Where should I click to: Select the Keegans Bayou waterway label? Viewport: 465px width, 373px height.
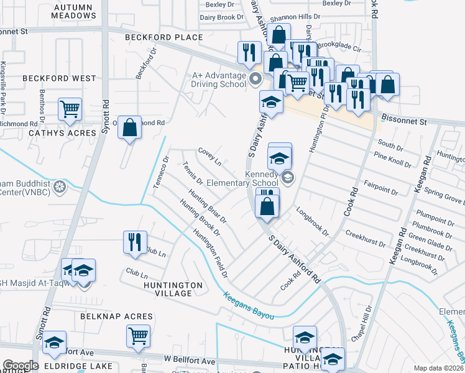pos(249,306)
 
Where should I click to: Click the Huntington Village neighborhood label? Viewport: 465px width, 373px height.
pos(173,289)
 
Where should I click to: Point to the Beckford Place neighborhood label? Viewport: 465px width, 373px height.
pos(163,37)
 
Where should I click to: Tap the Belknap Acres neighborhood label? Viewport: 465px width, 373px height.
pos(116,316)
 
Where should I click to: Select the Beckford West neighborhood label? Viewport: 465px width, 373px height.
pos(60,78)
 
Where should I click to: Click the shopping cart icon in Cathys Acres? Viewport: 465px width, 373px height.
pos(70,109)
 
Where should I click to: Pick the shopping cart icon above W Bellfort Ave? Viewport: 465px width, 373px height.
pos(138,336)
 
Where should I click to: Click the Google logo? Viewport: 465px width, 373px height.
pos(21,366)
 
